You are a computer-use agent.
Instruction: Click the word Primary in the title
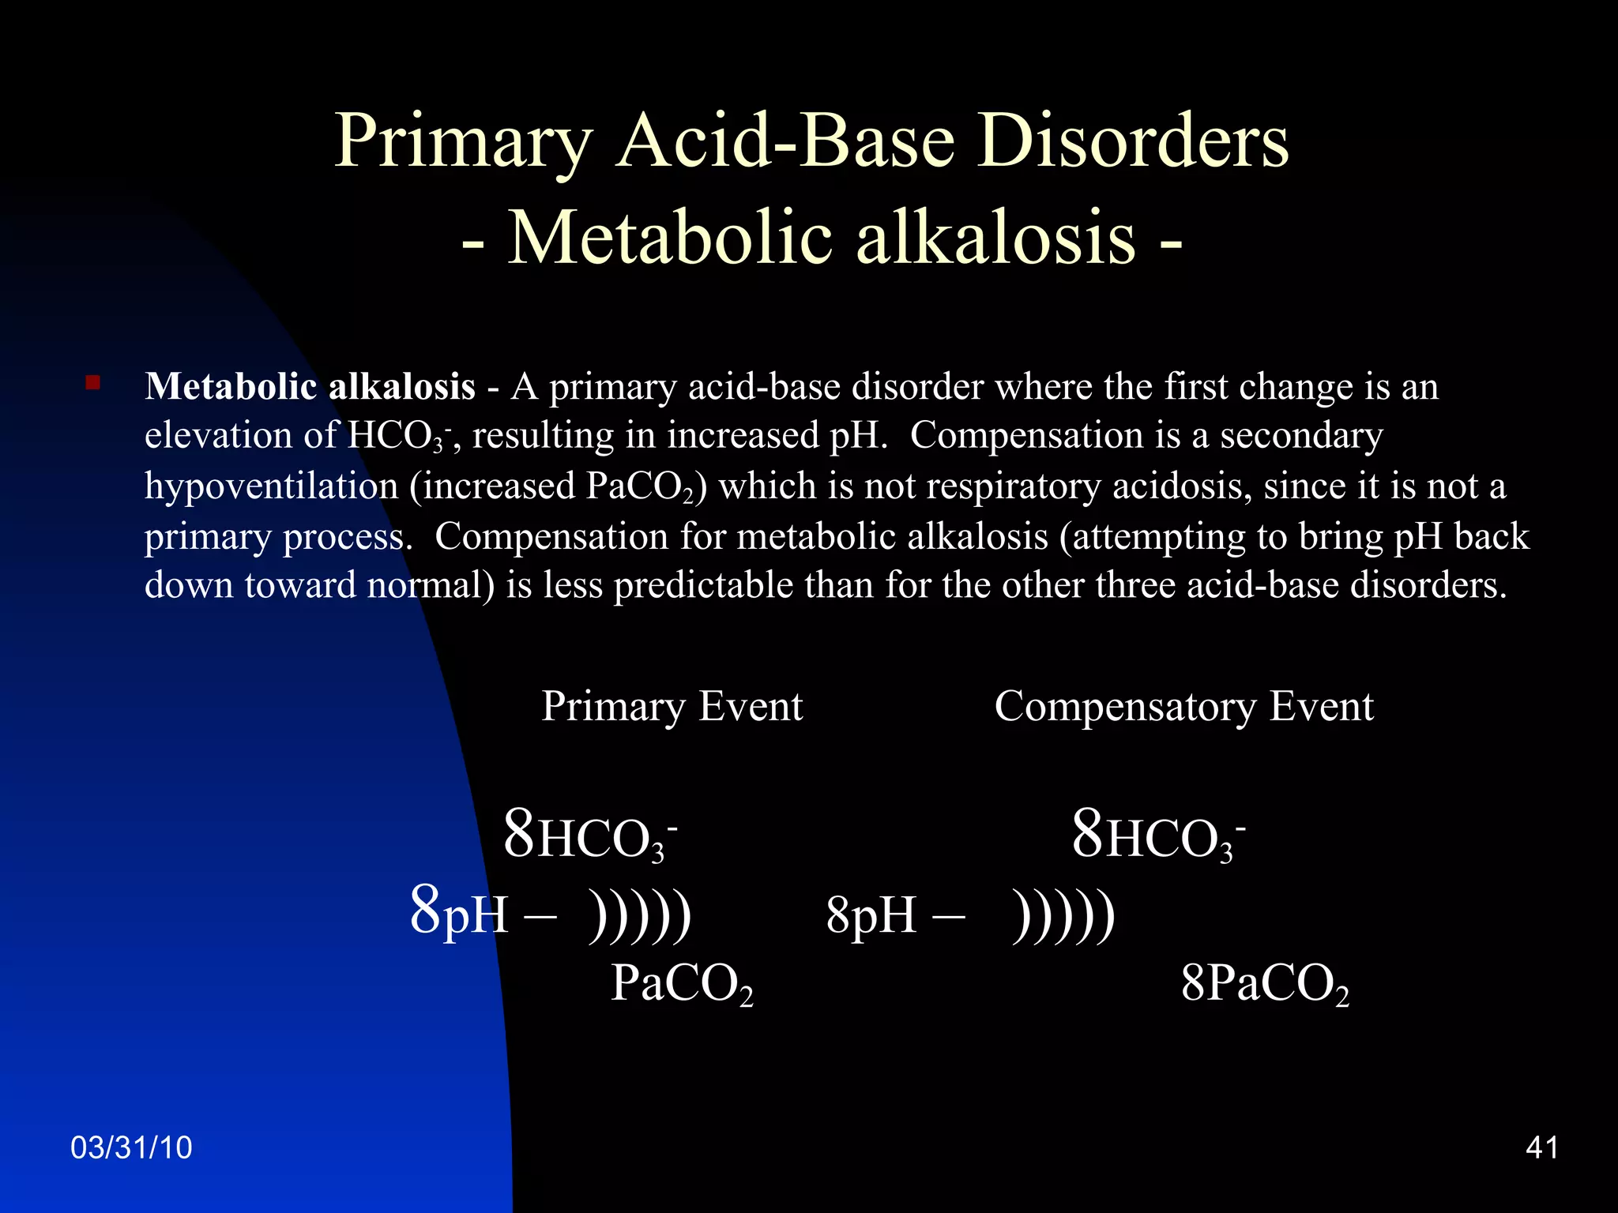pos(463,142)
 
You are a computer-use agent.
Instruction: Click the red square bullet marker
pos(93,384)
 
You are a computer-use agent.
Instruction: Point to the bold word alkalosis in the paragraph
pos(401,387)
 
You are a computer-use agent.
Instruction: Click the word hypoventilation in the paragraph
pos(271,486)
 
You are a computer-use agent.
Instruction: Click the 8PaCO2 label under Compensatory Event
pos(1265,984)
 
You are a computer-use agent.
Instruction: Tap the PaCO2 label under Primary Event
pos(682,984)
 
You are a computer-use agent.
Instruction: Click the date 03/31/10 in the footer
pos(131,1147)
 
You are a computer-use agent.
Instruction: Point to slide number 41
pos(1542,1147)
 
